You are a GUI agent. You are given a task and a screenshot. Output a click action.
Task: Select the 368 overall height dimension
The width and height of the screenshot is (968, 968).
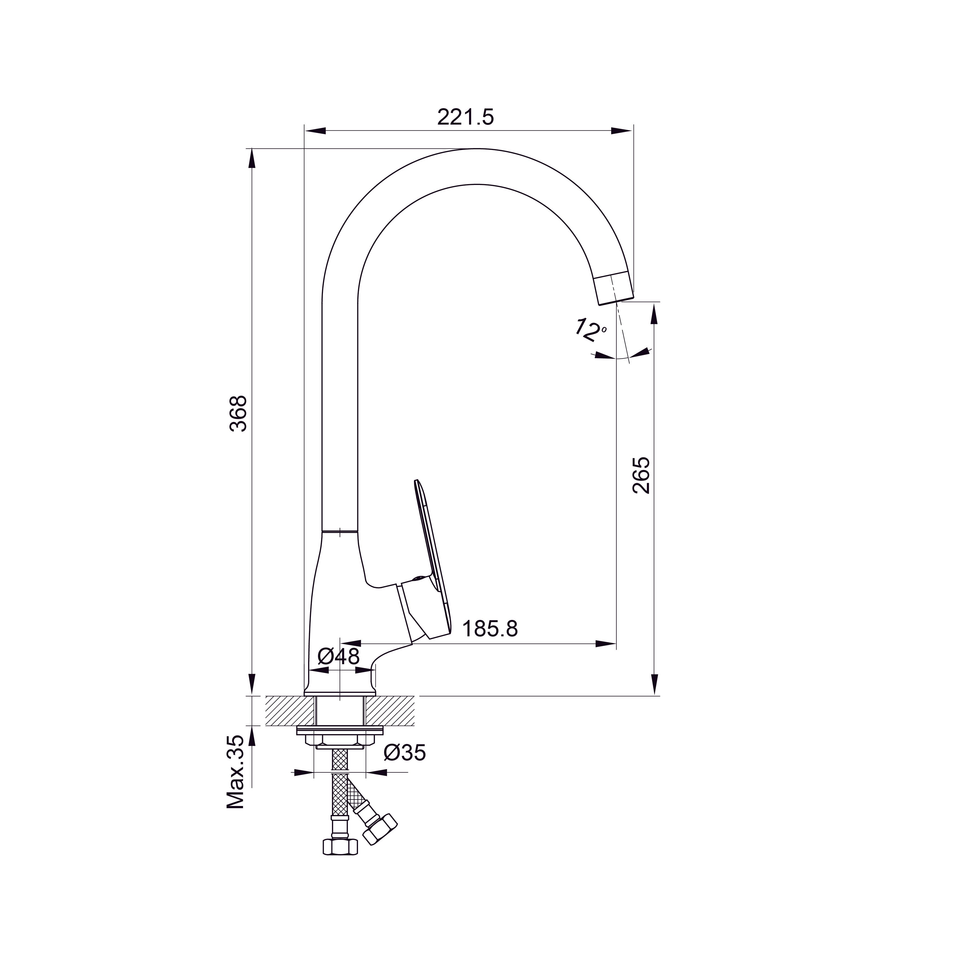pos(239,414)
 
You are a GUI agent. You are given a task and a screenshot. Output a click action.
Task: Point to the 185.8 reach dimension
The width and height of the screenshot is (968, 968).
pos(490,628)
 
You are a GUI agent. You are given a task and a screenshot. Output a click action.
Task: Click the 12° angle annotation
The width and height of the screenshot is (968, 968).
pos(589,329)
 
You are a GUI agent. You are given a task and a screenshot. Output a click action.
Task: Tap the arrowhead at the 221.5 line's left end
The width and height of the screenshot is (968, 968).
pos(316,131)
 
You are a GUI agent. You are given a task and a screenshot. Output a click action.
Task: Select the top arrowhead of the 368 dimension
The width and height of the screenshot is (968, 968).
pos(252,159)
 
